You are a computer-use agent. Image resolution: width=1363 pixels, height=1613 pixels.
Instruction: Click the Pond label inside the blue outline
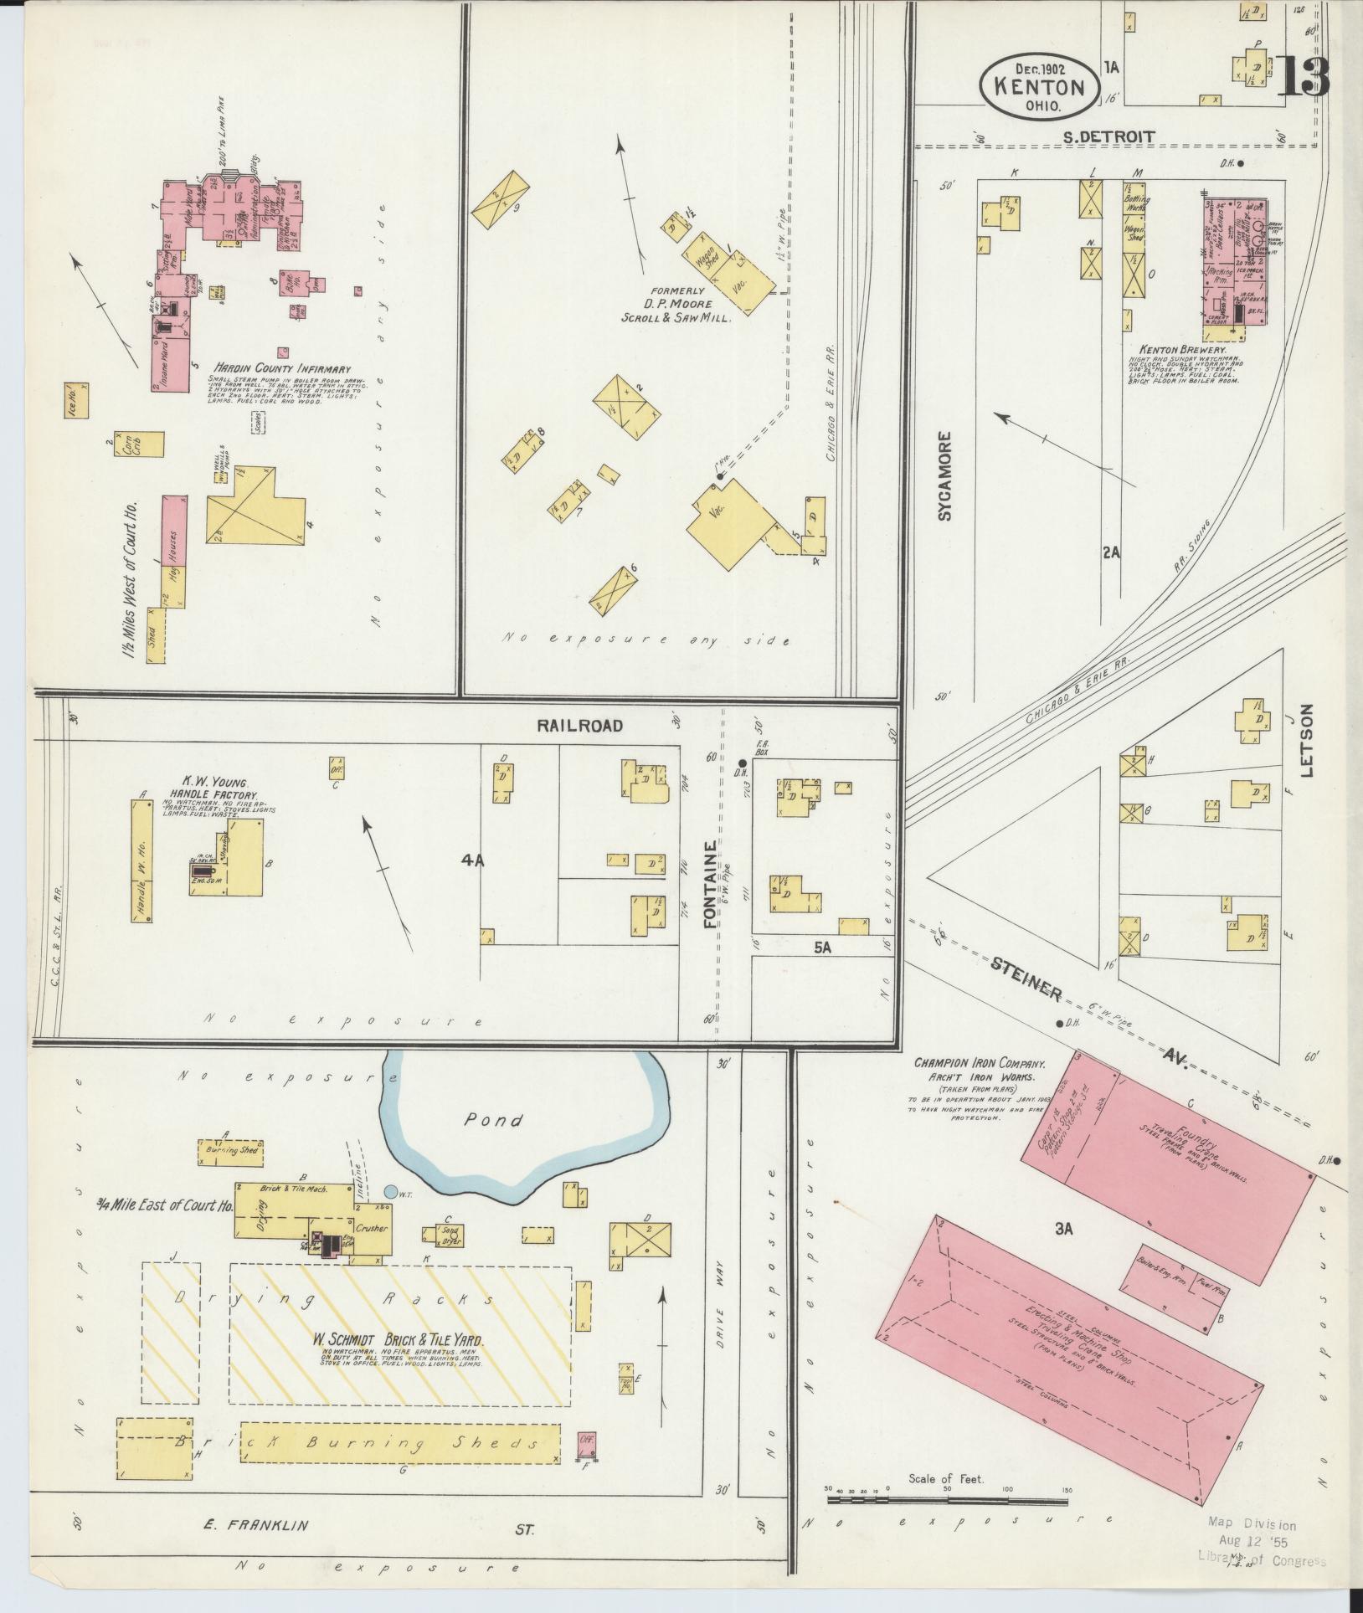(495, 1120)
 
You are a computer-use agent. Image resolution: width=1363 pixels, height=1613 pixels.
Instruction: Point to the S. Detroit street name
(1108, 136)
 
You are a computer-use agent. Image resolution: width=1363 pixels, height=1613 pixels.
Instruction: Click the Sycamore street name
(945, 475)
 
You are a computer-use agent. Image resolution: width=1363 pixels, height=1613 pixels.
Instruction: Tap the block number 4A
(472, 858)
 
